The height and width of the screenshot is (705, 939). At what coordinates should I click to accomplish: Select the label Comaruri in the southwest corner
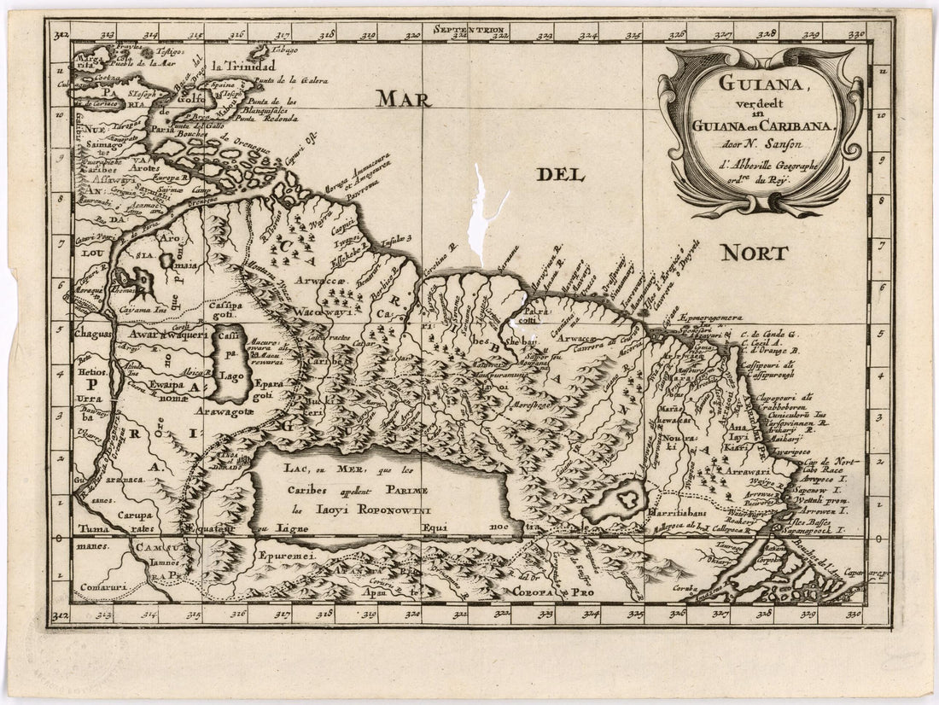(x=100, y=586)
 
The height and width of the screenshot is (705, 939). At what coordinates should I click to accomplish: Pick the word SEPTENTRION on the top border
(x=469, y=32)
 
